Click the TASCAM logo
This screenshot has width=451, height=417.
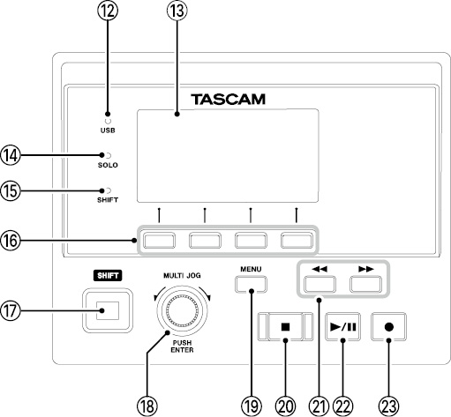pyautogui.click(x=229, y=100)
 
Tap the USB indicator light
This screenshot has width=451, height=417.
pyautogui.click(x=108, y=121)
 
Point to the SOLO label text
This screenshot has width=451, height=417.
pyautogui.click(x=108, y=165)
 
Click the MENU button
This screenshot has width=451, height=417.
pyautogui.click(x=251, y=284)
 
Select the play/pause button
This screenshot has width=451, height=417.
pyautogui.click(x=342, y=326)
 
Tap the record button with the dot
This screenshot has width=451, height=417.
pyautogui.click(x=388, y=326)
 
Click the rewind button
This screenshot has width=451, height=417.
pyautogui.click(x=319, y=284)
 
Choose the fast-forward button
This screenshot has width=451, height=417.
pyautogui.click(x=365, y=284)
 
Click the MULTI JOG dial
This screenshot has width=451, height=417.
pyautogui.click(x=182, y=310)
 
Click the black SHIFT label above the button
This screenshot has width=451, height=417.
pyautogui.click(x=108, y=276)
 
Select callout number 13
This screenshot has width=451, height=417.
pyautogui.click(x=177, y=11)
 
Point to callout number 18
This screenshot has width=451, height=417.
pyautogui.click(x=147, y=406)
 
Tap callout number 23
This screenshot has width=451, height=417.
pyautogui.click(x=388, y=406)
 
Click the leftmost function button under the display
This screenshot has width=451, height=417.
pyautogui.click(x=159, y=241)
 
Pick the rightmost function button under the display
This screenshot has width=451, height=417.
pyautogui.click(x=297, y=241)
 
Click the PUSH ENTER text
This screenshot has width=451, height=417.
pyautogui.click(x=182, y=346)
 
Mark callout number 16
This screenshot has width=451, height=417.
pyautogui.click(x=11, y=241)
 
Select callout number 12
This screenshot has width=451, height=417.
pyautogui.click(x=108, y=11)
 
